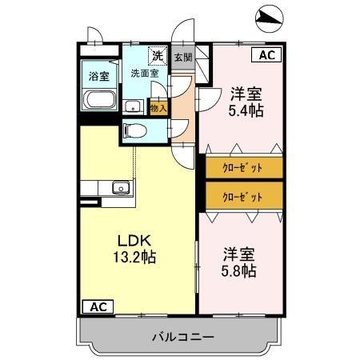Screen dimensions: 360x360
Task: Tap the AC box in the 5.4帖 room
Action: coord(267,55)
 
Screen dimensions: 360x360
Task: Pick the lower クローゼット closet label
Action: coord(242,196)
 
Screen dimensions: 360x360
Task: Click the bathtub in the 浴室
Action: coord(100,102)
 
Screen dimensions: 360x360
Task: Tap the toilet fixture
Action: coord(138,130)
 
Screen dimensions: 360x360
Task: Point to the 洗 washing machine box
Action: coord(158,56)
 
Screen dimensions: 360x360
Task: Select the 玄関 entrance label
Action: coord(183,58)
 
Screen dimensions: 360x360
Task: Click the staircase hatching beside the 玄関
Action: coord(203,64)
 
